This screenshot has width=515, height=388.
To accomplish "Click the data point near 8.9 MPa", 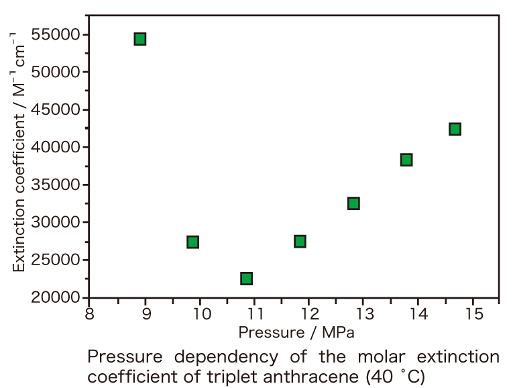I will (140, 39).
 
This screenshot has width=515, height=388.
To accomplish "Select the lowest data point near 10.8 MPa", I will (246, 278).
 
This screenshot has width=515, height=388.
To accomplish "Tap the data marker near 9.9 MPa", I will (193, 242).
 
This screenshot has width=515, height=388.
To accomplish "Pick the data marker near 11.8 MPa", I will (300, 241).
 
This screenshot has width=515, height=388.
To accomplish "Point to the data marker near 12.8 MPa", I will (353, 203).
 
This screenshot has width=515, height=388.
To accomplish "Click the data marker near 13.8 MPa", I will (406, 160).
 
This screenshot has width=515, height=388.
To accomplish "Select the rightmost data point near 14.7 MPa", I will (455, 129).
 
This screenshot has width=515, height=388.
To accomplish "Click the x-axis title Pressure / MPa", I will (295, 332).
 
